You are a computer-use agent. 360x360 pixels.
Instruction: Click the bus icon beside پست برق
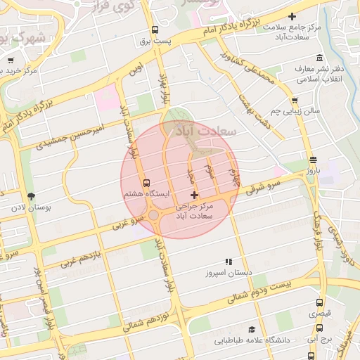(155, 30)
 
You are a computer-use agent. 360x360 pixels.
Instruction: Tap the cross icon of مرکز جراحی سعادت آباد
(195, 194)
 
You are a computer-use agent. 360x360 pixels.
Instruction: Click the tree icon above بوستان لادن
(30, 196)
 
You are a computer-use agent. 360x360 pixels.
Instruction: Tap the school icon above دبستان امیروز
(228, 261)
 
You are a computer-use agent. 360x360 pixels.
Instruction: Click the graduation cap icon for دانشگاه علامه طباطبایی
(251, 329)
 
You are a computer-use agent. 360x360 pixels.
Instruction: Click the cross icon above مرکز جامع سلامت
(292, 16)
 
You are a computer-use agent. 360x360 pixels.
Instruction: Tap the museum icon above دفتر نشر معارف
(320, 58)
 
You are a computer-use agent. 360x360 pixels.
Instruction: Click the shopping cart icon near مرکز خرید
(11, 60)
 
